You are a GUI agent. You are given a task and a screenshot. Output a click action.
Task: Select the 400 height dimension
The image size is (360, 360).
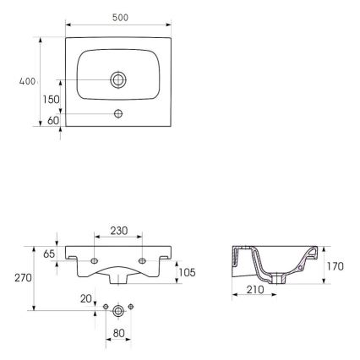point(27,82)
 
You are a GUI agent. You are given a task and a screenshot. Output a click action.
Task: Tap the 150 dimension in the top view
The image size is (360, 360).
point(52,99)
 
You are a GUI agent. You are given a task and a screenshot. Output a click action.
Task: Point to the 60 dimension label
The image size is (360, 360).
point(53,120)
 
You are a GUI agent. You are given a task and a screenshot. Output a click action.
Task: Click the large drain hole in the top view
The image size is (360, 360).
point(118,80)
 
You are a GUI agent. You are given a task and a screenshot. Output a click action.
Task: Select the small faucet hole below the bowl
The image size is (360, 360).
point(118,113)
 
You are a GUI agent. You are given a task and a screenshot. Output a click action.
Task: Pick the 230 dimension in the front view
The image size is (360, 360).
point(118,229)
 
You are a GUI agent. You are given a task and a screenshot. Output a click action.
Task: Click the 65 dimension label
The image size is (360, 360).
point(48,253)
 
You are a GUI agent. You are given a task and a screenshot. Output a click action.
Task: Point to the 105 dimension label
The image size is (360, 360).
point(187,272)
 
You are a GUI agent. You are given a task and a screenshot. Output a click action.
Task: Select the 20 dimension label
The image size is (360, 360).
point(85,298)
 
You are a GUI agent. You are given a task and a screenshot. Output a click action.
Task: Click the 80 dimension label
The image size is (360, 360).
point(118,333)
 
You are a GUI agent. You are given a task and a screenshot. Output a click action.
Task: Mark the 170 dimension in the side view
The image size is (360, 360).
point(335,266)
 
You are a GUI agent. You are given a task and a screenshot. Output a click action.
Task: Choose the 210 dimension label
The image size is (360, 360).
point(254,290)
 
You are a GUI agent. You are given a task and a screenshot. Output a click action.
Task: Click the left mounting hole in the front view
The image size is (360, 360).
point(95,259)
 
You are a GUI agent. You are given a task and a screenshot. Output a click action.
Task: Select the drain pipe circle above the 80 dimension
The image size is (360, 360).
point(118,310)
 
